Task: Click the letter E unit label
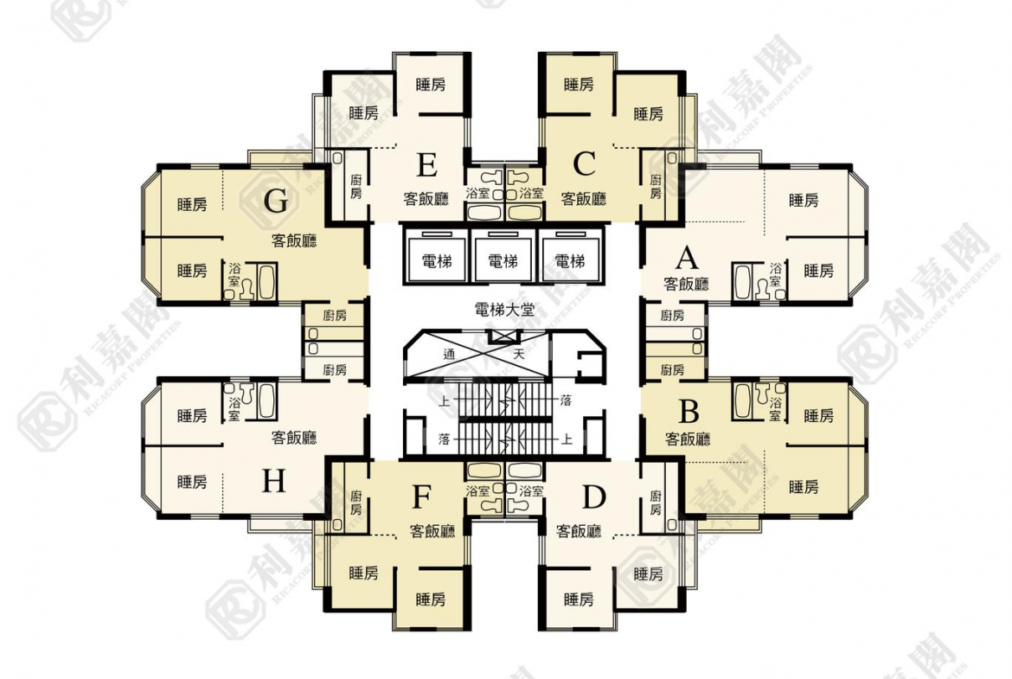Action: click(x=426, y=165)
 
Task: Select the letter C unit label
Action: click(x=584, y=164)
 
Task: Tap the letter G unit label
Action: click(x=276, y=202)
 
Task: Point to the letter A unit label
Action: click(x=688, y=258)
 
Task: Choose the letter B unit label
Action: click(x=689, y=411)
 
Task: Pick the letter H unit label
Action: click(x=273, y=481)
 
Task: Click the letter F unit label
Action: click(x=421, y=497)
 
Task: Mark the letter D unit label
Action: click(x=593, y=497)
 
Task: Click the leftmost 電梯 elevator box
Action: click(x=436, y=256)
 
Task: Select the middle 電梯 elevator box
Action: click(x=503, y=256)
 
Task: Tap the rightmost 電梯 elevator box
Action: click(x=570, y=256)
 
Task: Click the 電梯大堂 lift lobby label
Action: click(x=504, y=310)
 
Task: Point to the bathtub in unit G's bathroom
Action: click(x=267, y=281)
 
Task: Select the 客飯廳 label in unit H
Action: click(x=294, y=438)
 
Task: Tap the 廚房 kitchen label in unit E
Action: click(x=356, y=187)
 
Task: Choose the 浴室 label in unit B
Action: click(x=775, y=409)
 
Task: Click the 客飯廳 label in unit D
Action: click(x=579, y=531)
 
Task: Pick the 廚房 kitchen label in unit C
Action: click(x=656, y=187)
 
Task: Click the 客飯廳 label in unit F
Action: click(x=432, y=531)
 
